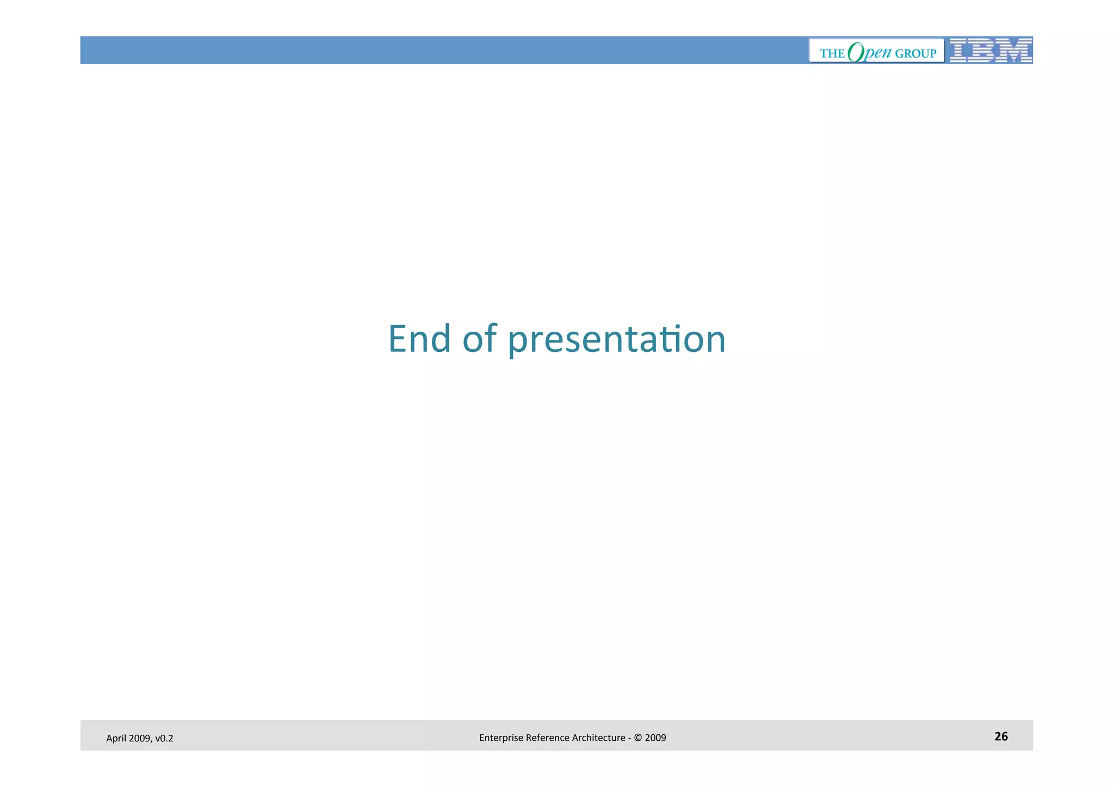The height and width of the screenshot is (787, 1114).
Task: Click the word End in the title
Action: coord(419,339)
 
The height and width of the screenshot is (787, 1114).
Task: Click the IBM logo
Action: coord(991,51)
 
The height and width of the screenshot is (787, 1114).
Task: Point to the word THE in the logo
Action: coord(832,53)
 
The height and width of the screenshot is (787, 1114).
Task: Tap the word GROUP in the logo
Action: coord(915,53)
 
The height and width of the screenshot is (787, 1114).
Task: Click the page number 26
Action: coord(1001,736)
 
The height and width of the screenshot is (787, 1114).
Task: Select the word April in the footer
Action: coord(115,739)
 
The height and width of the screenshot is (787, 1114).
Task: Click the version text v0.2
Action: coord(164,739)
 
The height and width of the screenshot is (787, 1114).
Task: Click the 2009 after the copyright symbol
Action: coord(655,738)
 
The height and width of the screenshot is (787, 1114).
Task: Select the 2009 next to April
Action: coord(139,739)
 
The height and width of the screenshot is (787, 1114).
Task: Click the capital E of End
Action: coord(398,339)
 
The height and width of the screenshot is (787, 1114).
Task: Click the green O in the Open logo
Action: coord(856,52)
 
